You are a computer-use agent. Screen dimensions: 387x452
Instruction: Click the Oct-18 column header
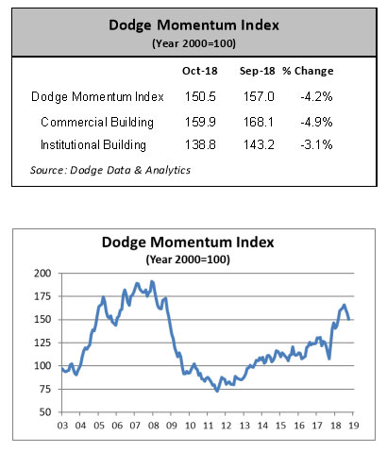click(x=200, y=71)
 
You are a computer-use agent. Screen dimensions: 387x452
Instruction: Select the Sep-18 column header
click(x=257, y=71)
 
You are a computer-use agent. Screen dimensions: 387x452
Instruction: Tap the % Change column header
click(x=308, y=71)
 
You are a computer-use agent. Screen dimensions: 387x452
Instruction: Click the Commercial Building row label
click(x=97, y=122)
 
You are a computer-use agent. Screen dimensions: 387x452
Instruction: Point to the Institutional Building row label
click(x=93, y=145)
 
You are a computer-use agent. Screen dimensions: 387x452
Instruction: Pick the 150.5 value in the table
click(x=200, y=96)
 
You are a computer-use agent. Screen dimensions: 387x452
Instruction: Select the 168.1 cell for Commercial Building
click(x=259, y=122)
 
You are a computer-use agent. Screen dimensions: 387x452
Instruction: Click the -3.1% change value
click(x=316, y=145)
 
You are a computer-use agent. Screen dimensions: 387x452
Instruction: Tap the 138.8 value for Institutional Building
click(x=200, y=145)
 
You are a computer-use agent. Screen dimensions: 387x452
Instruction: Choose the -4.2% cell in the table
click(x=316, y=96)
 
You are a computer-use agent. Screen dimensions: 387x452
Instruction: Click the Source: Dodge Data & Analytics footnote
click(x=110, y=170)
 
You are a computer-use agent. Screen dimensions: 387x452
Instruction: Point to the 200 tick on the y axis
click(x=42, y=273)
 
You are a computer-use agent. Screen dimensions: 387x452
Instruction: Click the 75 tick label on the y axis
click(x=45, y=389)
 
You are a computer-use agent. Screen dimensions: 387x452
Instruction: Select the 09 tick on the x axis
click(x=172, y=426)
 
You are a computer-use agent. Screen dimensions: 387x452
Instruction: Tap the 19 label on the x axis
click(x=354, y=426)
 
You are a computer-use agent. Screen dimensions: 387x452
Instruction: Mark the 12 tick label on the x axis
click(x=226, y=426)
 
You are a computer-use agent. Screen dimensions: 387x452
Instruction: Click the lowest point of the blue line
click(x=217, y=391)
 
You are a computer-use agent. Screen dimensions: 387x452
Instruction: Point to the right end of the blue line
click(x=349, y=320)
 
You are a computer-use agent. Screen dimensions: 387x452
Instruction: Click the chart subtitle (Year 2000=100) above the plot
click(x=188, y=259)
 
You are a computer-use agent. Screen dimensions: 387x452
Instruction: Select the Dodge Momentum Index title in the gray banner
click(x=193, y=25)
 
